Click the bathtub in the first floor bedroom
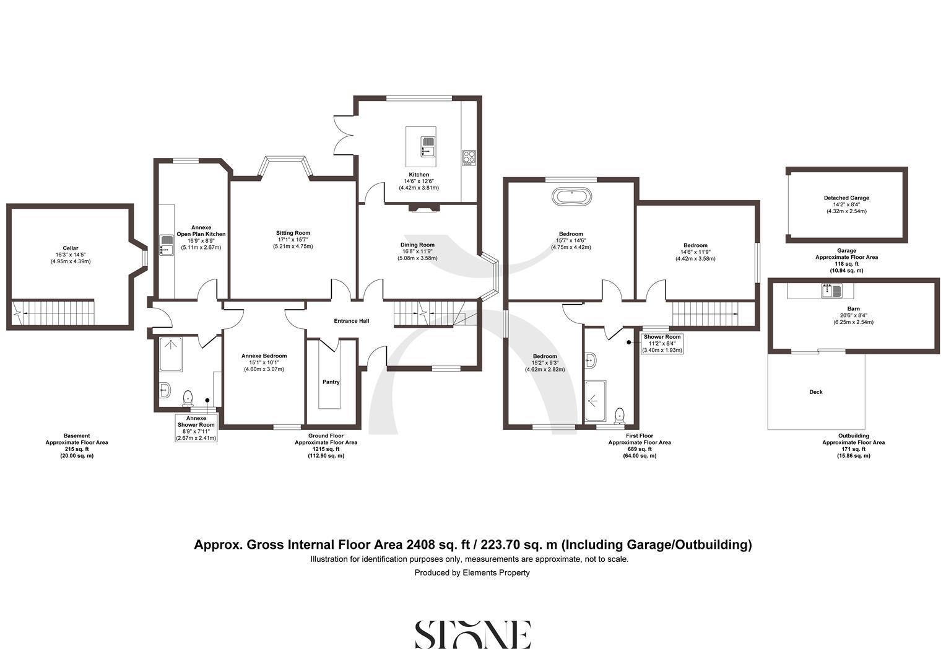pyautogui.click(x=571, y=198)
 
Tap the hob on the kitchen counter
pyautogui.click(x=468, y=158)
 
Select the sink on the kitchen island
pyautogui.click(x=428, y=146)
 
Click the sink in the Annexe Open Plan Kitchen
pyautogui.click(x=166, y=244)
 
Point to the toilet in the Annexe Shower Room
pyautogui.click(x=188, y=396)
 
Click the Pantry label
pyautogui.click(x=331, y=382)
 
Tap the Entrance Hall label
pyautogui.click(x=351, y=321)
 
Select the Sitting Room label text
pyautogui.click(x=293, y=233)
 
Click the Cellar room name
pyautogui.click(x=70, y=248)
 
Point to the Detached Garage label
pyautogui.click(x=846, y=198)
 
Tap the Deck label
pyautogui.click(x=815, y=392)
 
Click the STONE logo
pyautogui.click(x=472, y=634)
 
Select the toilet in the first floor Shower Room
pyautogui.click(x=619, y=414)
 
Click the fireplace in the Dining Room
pyautogui.click(x=423, y=209)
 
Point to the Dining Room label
pyautogui.click(x=417, y=245)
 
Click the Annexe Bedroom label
pyautogui.click(x=264, y=356)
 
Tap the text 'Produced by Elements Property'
pyautogui.click(x=472, y=573)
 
